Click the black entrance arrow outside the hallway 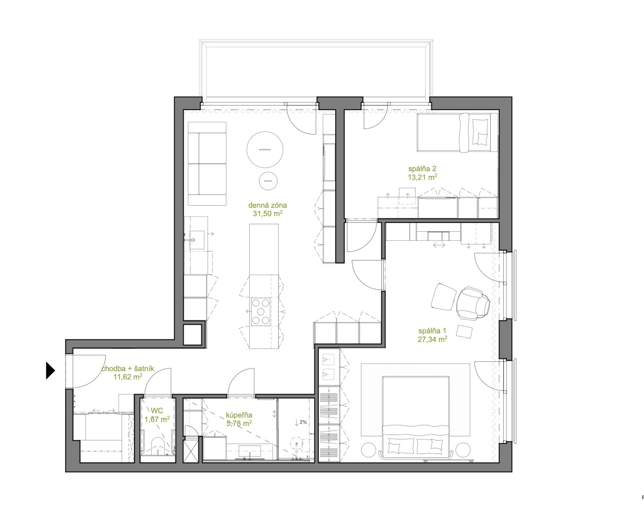tap(50, 371)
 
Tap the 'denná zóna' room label tap(267, 205)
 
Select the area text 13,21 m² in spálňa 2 tap(422, 177)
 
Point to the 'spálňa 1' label tap(432, 331)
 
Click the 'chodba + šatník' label tap(128, 369)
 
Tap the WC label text tap(157, 411)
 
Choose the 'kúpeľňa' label tap(239, 415)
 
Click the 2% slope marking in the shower tap(303, 422)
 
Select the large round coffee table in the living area tap(265, 149)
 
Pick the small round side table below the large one tap(268, 181)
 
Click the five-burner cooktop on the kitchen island tap(261, 312)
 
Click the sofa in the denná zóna tap(207, 164)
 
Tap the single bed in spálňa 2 tap(457, 132)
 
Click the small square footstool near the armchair tap(464, 332)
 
